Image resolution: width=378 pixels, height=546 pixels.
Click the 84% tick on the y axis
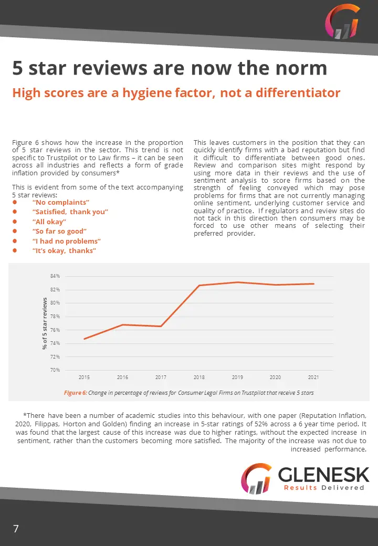point(55,276)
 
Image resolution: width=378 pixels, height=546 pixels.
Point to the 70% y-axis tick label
point(55,370)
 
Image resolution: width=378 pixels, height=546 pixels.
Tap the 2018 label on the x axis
point(199,377)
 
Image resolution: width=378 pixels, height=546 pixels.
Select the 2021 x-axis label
point(313,377)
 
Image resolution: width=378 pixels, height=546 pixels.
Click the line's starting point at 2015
point(84,339)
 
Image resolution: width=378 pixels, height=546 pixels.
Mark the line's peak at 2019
point(237,282)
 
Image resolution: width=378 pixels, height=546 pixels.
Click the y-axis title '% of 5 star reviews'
point(45,323)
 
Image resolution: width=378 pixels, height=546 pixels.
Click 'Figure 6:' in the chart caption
point(75,393)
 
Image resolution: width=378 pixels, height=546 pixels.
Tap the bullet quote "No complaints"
point(61,202)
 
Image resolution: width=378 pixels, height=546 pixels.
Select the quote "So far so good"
point(59,231)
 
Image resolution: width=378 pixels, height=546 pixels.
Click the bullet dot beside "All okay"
point(15,222)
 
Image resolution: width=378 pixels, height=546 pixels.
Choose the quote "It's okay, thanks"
point(64,251)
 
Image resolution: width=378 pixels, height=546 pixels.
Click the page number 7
point(16,529)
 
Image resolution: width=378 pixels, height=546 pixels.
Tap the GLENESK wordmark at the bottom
point(323,475)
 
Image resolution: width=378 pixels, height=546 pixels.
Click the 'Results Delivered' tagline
point(324,488)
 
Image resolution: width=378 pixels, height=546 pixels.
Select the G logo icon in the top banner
point(342,22)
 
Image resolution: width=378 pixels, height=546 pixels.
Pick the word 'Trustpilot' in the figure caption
point(254,393)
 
